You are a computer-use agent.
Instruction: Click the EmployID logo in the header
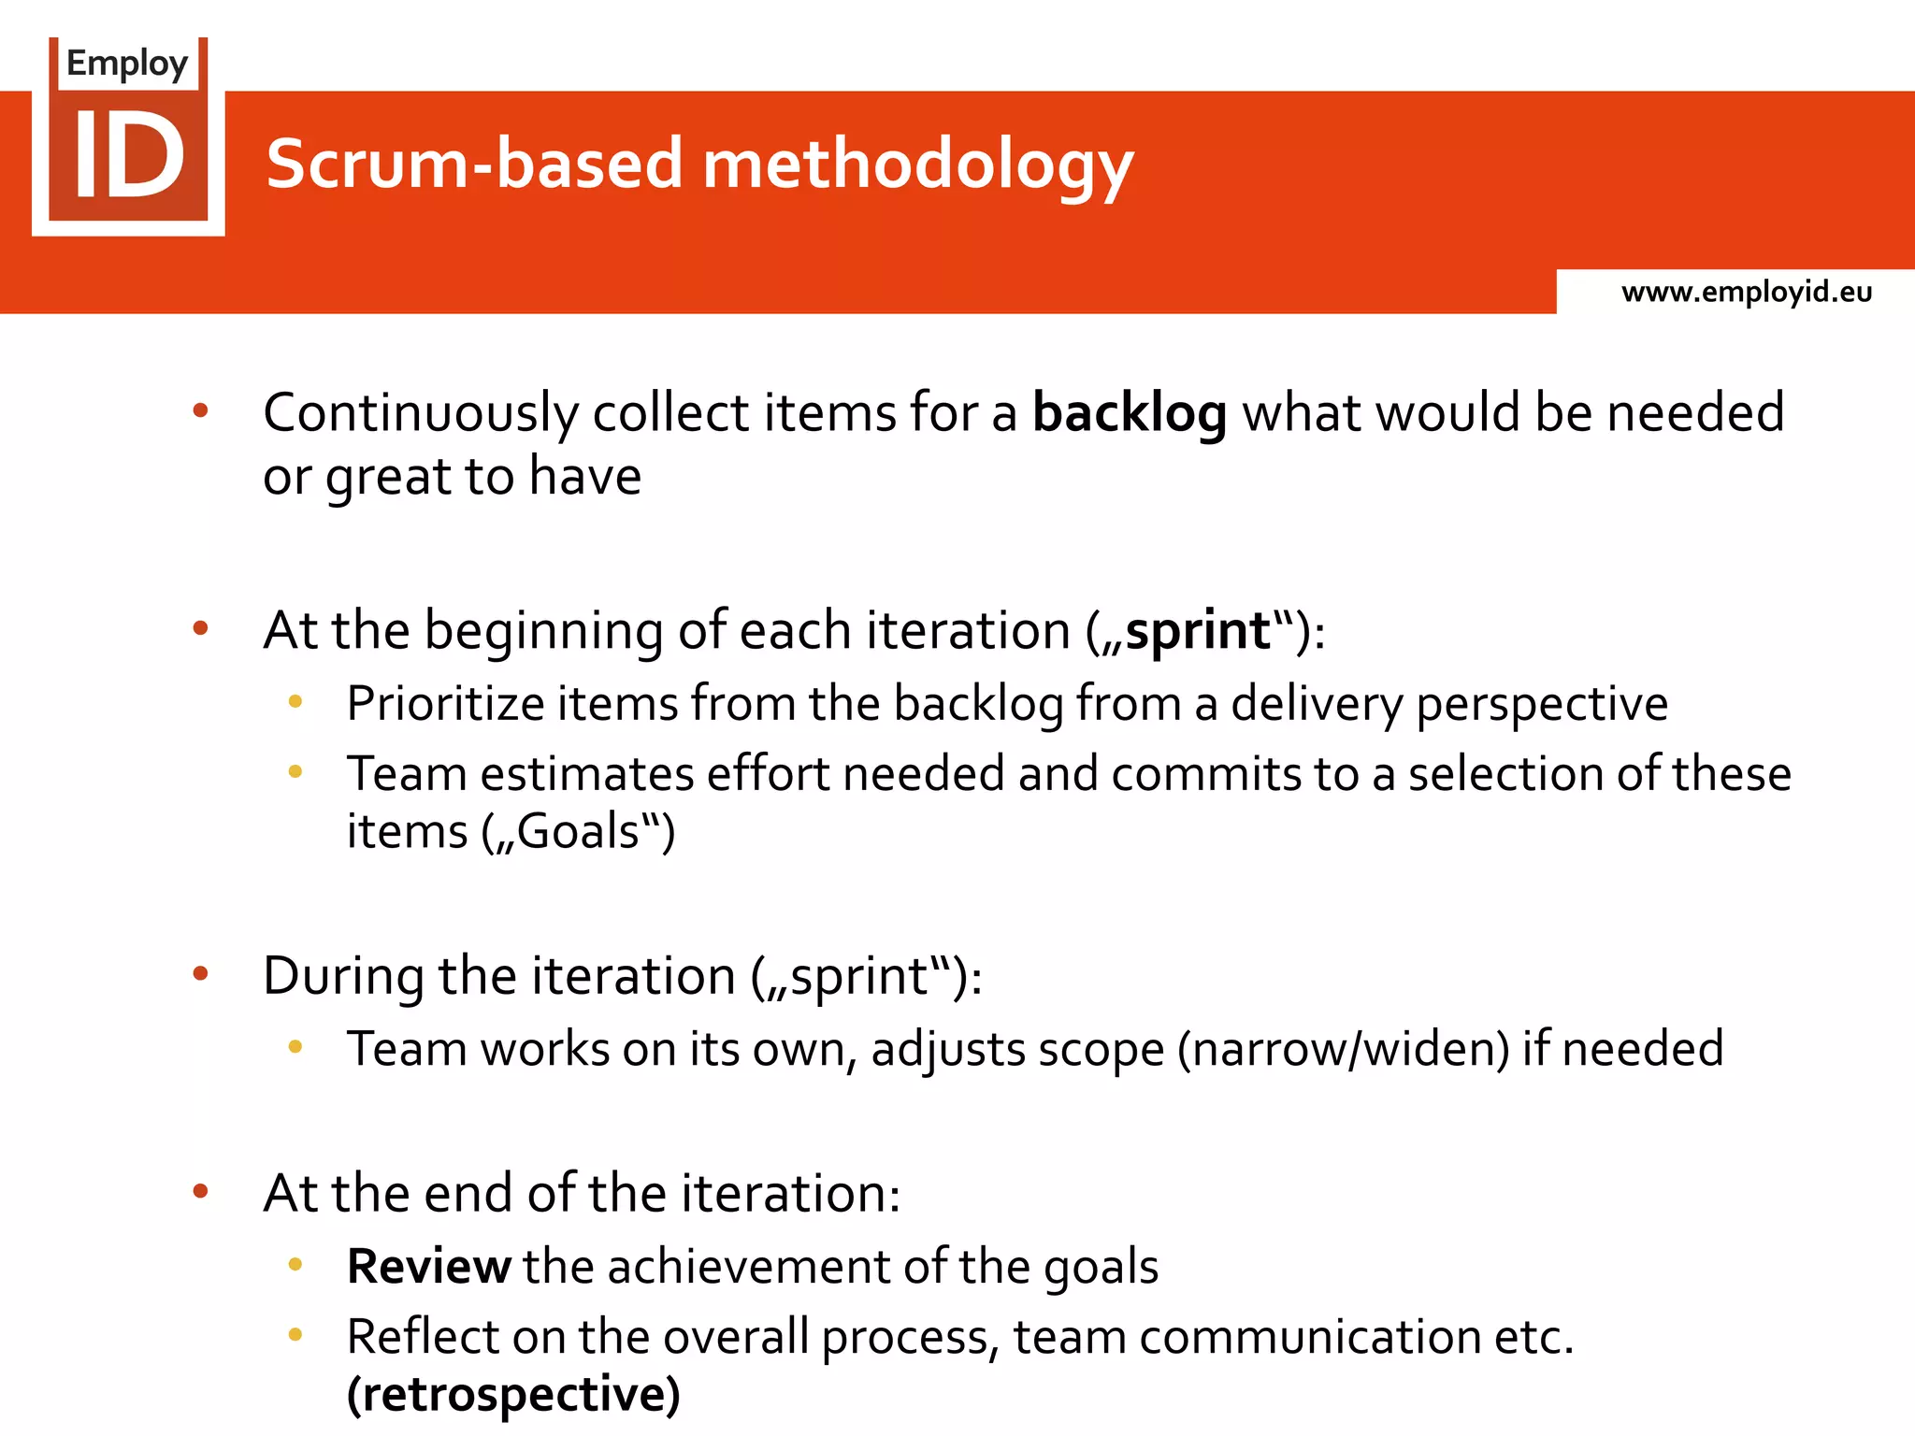pyautogui.click(x=128, y=136)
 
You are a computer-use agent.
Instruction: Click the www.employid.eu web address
pyautogui.click(x=1746, y=292)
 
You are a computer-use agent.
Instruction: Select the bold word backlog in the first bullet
pyautogui.click(x=1129, y=413)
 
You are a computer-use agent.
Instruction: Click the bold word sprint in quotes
pyautogui.click(x=1198, y=630)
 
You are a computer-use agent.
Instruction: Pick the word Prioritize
pyautogui.click(x=445, y=703)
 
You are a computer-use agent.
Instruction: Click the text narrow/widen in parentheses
pyautogui.click(x=1343, y=1049)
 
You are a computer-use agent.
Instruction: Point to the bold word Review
pyautogui.click(x=428, y=1267)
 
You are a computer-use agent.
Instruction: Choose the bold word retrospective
pyautogui.click(x=513, y=1394)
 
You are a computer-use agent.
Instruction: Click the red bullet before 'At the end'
pyautogui.click(x=200, y=1191)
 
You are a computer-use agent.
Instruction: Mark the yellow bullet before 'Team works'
pyautogui.click(x=295, y=1047)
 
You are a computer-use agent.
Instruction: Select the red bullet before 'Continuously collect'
pyautogui.click(x=200, y=410)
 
